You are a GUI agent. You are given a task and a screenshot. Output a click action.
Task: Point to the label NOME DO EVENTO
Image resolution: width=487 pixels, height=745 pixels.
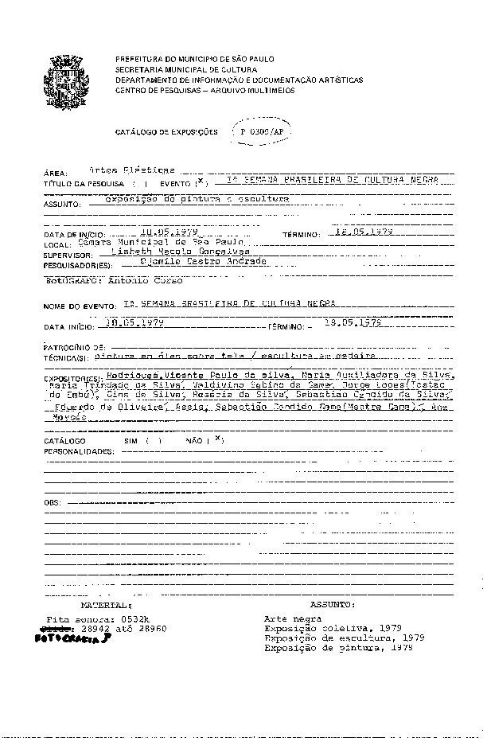(80, 306)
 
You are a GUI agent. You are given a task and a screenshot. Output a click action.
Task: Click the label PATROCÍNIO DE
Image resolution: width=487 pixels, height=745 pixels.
(73, 348)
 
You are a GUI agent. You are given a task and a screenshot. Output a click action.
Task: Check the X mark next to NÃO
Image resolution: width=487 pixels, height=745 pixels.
(218, 439)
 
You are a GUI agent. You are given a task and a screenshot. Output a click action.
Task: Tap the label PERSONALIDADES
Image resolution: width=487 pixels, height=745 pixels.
(78, 451)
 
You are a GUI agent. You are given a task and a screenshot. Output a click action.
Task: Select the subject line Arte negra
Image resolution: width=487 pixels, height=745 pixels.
(292, 618)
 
